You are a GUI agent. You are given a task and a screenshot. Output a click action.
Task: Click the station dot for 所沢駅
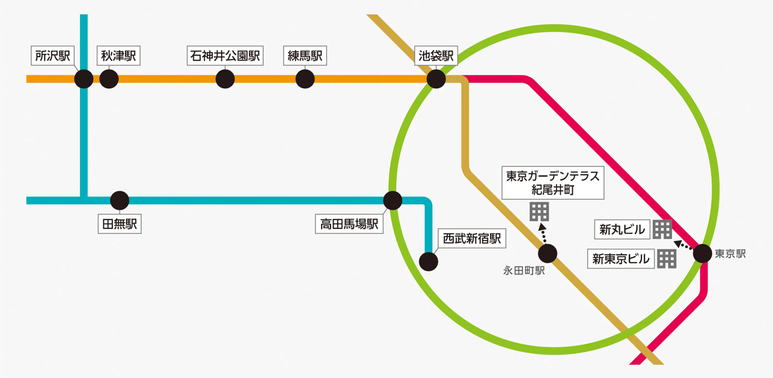pyautogui.click(x=84, y=79)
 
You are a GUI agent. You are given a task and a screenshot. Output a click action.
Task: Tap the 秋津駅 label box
pyautogui.click(x=118, y=56)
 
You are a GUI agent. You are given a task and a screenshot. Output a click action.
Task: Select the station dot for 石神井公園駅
pyautogui.click(x=225, y=79)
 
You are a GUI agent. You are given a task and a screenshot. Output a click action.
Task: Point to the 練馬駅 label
pyautogui.click(x=305, y=56)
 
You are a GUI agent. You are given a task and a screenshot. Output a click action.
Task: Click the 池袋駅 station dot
pyautogui.click(x=436, y=79)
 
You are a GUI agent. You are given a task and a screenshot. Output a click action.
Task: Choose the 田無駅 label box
pyautogui.click(x=120, y=224)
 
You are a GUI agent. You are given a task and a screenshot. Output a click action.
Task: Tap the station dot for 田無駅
pyautogui.click(x=120, y=200)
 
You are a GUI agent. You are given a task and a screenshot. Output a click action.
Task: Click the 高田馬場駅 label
pyautogui.click(x=349, y=224)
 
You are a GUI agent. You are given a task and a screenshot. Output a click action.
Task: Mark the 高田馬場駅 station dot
pyautogui.click(x=393, y=200)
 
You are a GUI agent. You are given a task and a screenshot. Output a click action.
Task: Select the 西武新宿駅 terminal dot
pyautogui.click(x=429, y=261)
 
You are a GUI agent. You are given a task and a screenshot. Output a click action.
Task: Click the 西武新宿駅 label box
pyautogui.click(x=472, y=239)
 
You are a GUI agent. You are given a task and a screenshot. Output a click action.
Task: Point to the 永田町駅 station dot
pyautogui.click(x=548, y=253)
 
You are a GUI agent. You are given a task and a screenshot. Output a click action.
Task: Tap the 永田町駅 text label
pyautogui.click(x=524, y=271)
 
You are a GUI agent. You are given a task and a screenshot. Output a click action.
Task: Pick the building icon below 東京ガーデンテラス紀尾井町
pyautogui.click(x=539, y=212)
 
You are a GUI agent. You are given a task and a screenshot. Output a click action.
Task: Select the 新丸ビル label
pyautogui.click(x=622, y=229)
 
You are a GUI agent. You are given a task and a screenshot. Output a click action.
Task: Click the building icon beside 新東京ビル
pyautogui.click(x=667, y=258)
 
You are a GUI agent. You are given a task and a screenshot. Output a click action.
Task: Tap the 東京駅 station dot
pyautogui.click(x=702, y=254)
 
